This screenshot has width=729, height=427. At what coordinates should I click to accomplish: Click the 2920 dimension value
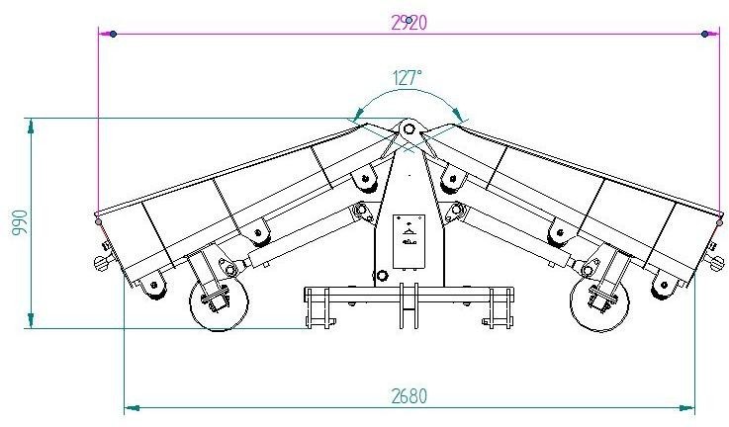[409, 23]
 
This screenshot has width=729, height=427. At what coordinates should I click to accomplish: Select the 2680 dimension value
[409, 396]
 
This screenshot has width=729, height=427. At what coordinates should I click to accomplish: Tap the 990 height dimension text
[20, 223]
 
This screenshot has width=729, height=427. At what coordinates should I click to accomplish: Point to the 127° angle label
[408, 78]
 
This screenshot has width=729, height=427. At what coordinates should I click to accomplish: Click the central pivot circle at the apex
[409, 128]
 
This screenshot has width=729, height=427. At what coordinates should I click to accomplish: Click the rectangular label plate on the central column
[409, 241]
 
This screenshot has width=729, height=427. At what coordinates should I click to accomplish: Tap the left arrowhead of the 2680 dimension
[132, 408]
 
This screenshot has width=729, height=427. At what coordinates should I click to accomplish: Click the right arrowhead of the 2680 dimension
[687, 408]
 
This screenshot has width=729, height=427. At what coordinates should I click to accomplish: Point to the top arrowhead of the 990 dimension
[31, 126]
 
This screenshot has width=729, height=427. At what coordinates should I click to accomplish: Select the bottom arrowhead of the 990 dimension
[31, 320]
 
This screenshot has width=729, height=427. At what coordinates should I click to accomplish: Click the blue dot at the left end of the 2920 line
[113, 34]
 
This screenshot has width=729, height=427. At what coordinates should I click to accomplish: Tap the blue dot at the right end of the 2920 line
[705, 34]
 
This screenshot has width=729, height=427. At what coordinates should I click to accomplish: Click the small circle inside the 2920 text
[409, 20]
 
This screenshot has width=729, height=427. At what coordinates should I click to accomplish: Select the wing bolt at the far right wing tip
[716, 262]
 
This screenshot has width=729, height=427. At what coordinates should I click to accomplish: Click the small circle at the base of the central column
[382, 276]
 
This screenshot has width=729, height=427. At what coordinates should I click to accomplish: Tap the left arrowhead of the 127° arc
[357, 116]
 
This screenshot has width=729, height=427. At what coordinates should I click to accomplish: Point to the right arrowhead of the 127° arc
[458, 116]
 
